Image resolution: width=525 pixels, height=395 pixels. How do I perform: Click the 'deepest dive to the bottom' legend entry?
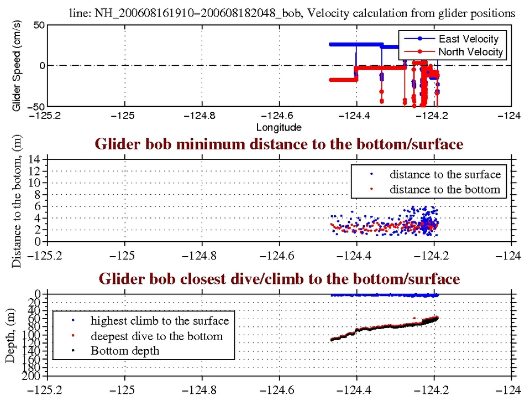pos(156,336)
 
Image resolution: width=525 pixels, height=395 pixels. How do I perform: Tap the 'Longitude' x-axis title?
pos(279,128)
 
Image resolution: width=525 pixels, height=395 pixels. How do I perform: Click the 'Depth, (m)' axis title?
pos(11,335)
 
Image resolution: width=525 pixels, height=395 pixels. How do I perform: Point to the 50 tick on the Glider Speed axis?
pos(38,25)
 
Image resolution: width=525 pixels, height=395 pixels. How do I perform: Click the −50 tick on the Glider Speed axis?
pos(36,106)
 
